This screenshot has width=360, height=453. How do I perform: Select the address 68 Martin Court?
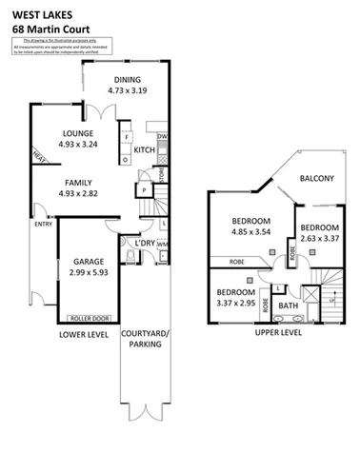click(x=45, y=28)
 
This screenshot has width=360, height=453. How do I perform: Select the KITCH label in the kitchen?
click(x=145, y=150)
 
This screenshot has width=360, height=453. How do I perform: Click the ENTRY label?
click(x=44, y=225)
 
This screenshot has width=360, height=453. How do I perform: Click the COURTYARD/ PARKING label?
click(x=141, y=339)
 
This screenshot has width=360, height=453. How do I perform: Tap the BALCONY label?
click(x=314, y=178)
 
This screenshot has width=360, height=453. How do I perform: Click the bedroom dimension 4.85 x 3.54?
click(x=252, y=230)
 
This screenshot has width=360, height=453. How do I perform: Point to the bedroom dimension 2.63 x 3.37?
click(x=318, y=240)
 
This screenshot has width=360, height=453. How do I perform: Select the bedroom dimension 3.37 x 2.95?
click(x=234, y=304)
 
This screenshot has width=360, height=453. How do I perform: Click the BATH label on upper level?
click(x=287, y=305)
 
